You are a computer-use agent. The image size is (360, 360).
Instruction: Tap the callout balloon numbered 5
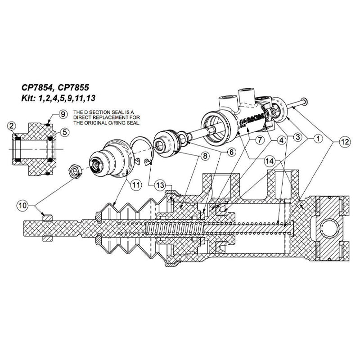pos(64,132)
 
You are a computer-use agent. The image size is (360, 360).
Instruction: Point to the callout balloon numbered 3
pos(298,135)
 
